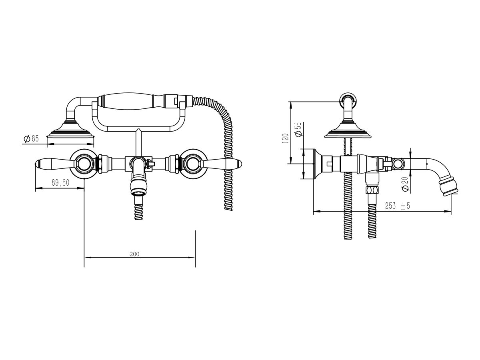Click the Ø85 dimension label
31,138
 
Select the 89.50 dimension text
60,182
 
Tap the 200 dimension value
134,254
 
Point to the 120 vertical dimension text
285,138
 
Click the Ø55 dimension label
298,129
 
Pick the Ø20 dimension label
405,184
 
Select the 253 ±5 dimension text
397,206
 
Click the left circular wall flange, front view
84,164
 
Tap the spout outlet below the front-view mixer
138,188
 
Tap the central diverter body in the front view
138,164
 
